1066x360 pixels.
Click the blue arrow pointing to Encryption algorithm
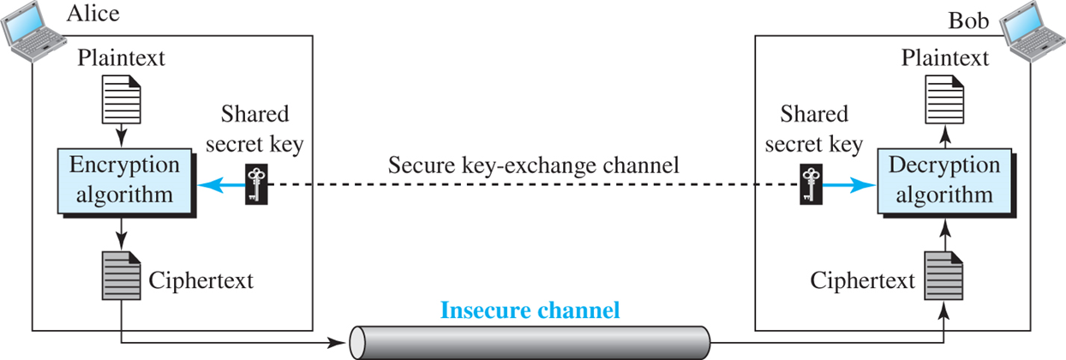click(x=221, y=183)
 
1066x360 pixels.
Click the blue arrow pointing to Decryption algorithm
click(x=846, y=183)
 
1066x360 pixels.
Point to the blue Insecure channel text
click(x=530, y=309)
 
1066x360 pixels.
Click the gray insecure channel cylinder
click(x=530, y=342)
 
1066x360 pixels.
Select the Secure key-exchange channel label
click(x=534, y=165)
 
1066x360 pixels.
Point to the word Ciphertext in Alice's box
click(x=201, y=279)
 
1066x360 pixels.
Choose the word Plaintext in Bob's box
click(x=943, y=58)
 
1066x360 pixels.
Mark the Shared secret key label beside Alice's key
click(x=255, y=129)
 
